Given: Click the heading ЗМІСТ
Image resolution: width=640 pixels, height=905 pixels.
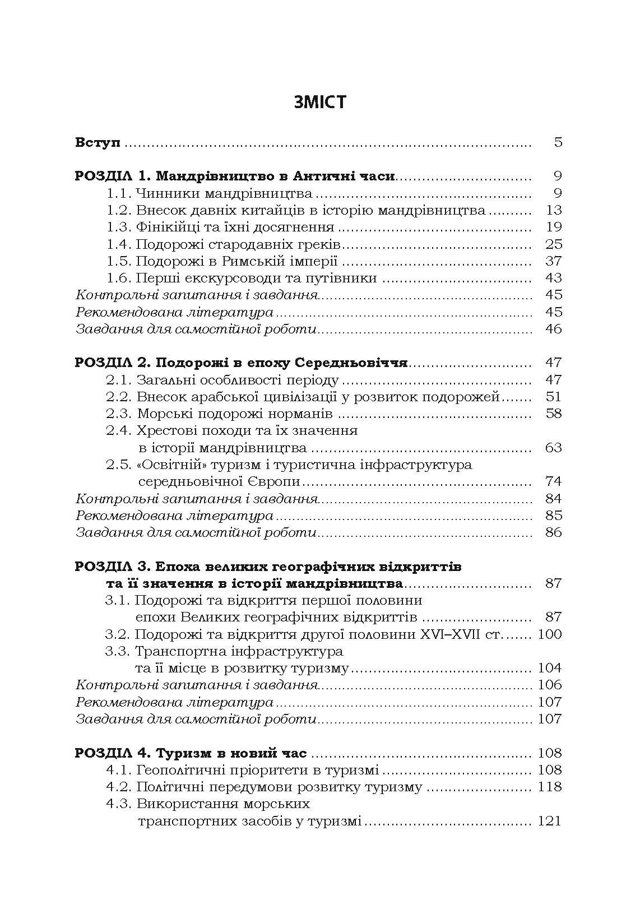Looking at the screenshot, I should (319, 103).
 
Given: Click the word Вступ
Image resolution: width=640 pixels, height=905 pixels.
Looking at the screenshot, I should (98, 142).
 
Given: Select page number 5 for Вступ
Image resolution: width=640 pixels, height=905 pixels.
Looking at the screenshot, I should (558, 142).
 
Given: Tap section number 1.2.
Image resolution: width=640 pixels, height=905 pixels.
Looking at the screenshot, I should (119, 211).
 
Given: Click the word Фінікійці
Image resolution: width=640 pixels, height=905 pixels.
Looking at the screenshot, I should (164, 228).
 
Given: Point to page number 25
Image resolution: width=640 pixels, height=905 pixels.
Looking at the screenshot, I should (553, 244).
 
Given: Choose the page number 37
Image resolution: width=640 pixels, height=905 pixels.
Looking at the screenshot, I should (553, 261).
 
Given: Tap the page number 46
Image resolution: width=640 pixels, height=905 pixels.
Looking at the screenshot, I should (553, 329).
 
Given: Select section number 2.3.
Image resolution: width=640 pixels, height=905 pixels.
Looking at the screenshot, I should (119, 414).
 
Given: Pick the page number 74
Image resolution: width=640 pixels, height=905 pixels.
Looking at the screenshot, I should (553, 481).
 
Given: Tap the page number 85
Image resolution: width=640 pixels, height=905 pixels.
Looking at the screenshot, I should (553, 515).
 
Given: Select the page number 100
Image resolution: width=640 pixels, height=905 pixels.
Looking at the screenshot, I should (549, 634).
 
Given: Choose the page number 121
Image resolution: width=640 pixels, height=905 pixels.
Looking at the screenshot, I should (549, 821).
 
